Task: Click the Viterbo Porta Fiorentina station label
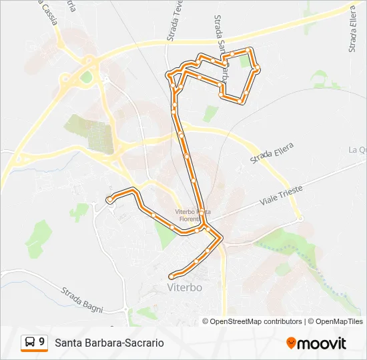[x=193, y=215]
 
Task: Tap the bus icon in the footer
[x=31, y=343]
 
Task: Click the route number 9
[x=42, y=342]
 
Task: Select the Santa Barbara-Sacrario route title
[x=109, y=343]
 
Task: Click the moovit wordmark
[x=322, y=343]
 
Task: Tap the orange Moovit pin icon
[x=291, y=343]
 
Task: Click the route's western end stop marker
[x=109, y=199]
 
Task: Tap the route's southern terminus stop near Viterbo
[x=172, y=275]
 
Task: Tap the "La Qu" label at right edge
[x=358, y=150]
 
